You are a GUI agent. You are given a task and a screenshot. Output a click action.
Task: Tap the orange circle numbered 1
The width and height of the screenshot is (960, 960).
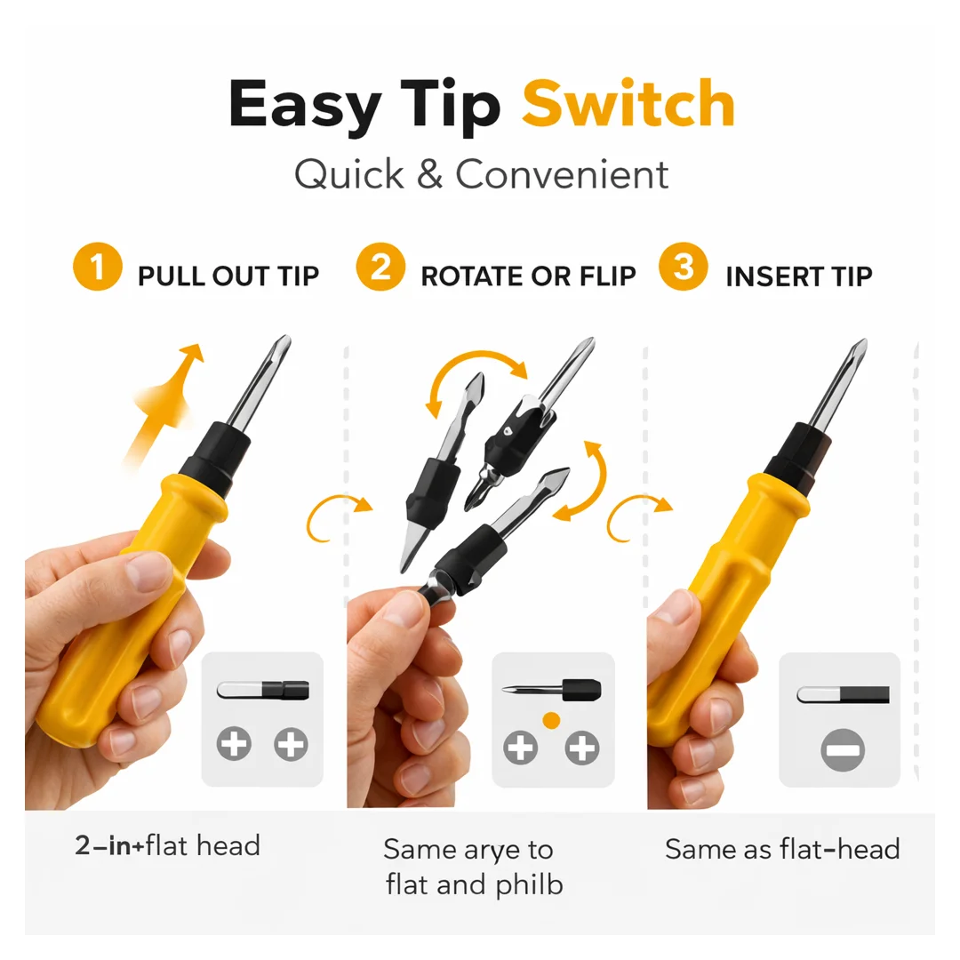click(98, 267)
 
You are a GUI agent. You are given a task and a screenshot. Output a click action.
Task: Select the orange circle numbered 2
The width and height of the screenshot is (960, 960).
click(380, 267)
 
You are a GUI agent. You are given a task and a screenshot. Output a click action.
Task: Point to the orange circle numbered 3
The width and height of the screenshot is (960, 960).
click(684, 267)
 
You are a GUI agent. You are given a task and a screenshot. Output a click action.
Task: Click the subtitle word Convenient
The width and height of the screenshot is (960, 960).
click(562, 174)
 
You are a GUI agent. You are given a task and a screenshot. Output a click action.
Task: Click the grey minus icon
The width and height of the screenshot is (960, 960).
click(843, 750)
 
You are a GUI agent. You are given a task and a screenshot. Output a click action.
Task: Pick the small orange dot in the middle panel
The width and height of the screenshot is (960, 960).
click(551, 721)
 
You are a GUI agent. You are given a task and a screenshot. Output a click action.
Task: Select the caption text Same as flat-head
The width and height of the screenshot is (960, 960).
click(782, 849)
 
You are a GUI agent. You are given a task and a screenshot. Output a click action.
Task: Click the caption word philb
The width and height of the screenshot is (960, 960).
click(529, 884)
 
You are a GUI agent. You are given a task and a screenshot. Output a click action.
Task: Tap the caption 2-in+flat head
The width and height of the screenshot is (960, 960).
click(168, 845)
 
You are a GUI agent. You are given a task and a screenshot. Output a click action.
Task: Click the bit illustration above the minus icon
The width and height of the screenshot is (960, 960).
click(843, 694)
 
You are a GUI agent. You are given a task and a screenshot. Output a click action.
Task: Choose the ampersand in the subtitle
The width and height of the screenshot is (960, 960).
click(429, 174)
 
